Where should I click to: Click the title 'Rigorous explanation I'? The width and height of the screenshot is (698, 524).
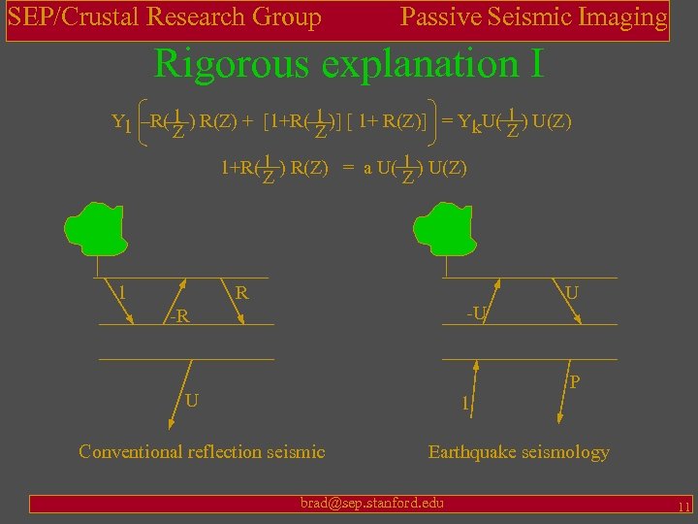(349, 64)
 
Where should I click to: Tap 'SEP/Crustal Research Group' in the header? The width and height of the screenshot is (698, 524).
(165, 17)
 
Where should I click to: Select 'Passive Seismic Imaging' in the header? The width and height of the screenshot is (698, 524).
(534, 17)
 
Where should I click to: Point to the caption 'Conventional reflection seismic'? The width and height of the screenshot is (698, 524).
(202, 451)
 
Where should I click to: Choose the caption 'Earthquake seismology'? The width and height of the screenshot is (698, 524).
(519, 451)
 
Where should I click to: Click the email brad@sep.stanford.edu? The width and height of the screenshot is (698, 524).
(372, 502)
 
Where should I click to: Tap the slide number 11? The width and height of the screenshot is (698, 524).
(683, 507)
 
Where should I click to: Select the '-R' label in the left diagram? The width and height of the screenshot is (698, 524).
(177, 316)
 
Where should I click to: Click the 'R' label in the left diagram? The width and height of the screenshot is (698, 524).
(242, 292)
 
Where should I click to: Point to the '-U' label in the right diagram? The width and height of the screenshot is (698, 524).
(477, 312)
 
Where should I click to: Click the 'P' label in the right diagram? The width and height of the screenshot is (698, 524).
(575, 382)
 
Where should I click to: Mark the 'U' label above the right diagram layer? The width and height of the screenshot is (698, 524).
(572, 292)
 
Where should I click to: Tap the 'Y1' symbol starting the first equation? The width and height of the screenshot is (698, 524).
(121, 123)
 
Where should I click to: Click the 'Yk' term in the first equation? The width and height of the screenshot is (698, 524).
(467, 123)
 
